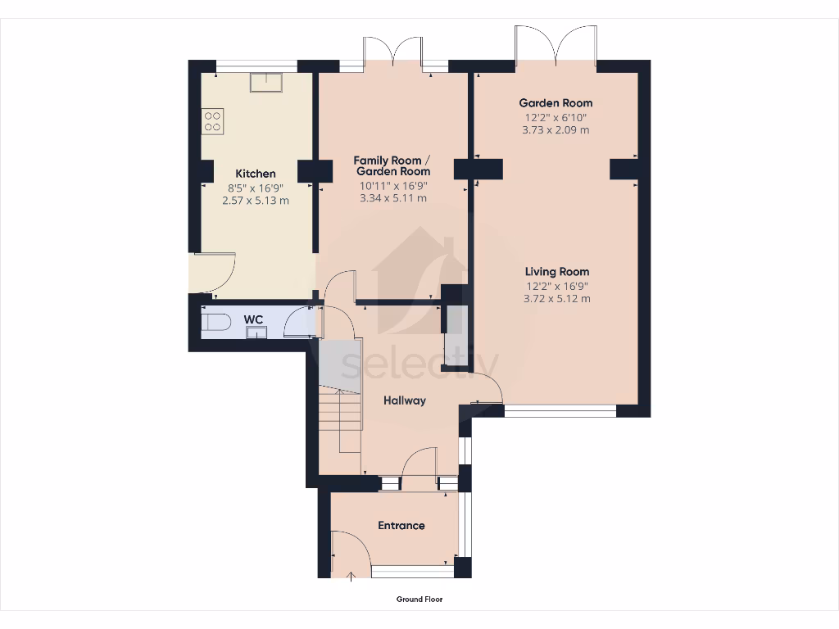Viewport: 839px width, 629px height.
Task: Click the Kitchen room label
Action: [x=256, y=174]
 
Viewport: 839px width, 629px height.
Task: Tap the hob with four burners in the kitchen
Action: [x=213, y=121]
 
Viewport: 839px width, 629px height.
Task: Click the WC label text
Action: [x=252, y=319]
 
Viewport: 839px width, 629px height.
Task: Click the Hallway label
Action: [x=405, y=400]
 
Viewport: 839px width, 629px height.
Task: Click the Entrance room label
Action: [x=401, y=525]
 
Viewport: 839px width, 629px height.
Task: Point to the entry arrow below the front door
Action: [x=352, y=577]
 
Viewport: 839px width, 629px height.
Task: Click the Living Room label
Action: [x=557, y=272]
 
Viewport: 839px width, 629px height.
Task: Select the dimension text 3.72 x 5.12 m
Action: [x=557, y=299]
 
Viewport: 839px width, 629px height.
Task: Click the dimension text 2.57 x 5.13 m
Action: [x=256, y=200]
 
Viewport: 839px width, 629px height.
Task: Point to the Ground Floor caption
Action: [x=419, y=600]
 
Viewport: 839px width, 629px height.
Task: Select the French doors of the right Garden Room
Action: [x=556, y=48]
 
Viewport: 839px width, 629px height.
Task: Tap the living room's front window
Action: [x=560, y=411]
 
